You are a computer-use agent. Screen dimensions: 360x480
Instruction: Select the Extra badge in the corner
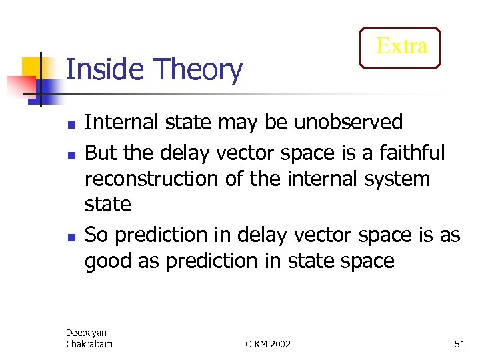400,47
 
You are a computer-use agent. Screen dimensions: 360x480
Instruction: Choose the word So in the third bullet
96,235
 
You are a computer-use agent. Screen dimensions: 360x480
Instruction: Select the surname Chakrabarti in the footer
89,343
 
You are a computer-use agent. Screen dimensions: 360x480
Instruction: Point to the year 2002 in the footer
280,343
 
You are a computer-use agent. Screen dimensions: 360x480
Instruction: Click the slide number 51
459,343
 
